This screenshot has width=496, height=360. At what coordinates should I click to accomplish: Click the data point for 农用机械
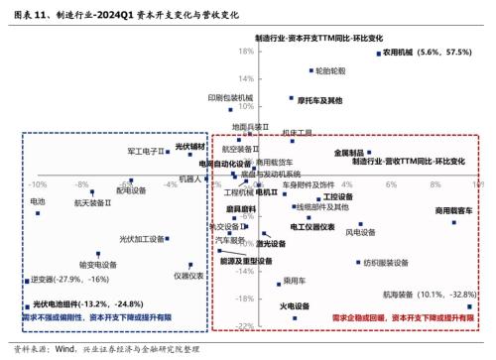[x=378, y=54]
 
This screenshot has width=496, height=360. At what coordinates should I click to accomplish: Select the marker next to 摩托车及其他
[x=292, y=99]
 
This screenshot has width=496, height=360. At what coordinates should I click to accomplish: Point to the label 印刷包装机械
[x=230, y=97]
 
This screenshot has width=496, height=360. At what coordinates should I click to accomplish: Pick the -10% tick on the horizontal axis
[x=39, y=183]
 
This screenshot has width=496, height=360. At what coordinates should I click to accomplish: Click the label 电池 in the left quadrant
[x=38, y=201]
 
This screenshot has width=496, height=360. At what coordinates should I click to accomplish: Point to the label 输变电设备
[x=100, y=265]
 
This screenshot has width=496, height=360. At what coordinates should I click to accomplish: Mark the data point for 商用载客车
[x=455, y=222]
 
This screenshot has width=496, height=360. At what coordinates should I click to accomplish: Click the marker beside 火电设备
[x=296, y=317]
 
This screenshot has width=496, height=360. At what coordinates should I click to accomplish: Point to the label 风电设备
[x=360, y=233]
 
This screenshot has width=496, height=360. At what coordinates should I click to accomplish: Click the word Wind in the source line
[x=66, y=349]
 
